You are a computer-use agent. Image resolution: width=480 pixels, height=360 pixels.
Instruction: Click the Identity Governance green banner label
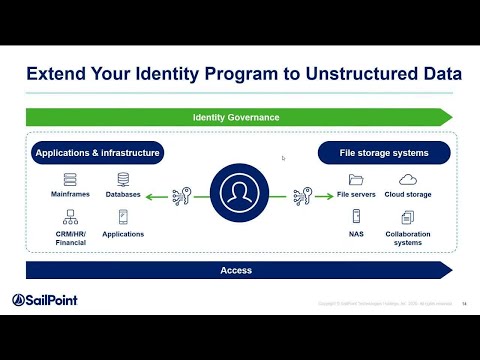236,118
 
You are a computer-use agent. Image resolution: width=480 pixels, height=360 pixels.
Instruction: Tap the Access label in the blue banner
236,270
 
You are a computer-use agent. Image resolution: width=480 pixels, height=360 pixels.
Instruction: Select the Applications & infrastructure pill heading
97,153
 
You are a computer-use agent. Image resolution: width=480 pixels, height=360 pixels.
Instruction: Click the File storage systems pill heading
385,153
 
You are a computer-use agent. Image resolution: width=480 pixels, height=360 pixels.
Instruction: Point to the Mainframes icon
70,179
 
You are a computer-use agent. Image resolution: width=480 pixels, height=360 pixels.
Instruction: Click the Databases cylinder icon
123,179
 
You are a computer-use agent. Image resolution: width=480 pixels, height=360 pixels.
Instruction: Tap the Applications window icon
123,215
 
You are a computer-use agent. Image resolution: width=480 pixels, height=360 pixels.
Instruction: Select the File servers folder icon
356,179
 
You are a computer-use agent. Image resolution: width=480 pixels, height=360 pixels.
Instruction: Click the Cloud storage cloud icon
408,179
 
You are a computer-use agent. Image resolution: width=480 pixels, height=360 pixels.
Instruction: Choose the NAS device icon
356,215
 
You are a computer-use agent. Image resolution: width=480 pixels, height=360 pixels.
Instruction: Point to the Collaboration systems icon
408,215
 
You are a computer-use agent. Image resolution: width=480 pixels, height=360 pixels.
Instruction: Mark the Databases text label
123,194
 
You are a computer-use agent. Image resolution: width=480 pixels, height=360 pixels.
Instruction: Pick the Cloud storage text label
408,194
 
